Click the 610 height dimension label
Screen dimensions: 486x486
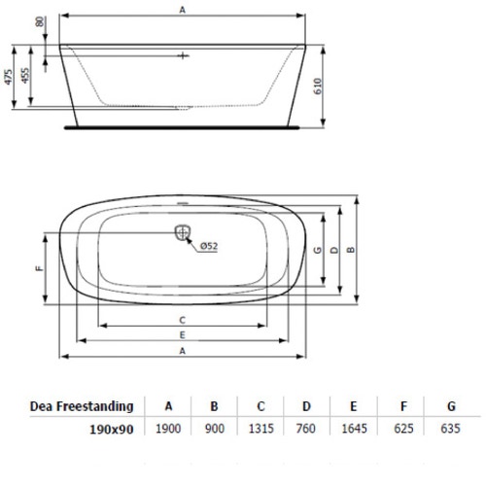tap(318, 87)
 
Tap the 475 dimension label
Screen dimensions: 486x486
tap(9, 77)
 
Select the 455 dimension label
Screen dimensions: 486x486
tap(25, 75)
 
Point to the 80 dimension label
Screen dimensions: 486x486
tap(40, 21)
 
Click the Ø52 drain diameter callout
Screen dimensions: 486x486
tap(209, 246)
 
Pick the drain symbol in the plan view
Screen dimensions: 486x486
tap(183, 232)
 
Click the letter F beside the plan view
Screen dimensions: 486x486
tap(39, 268)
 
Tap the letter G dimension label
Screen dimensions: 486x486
tap(318, 250)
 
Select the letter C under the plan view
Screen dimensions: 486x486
tap(183, 320)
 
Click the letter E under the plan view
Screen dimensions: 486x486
tap(183, 335)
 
